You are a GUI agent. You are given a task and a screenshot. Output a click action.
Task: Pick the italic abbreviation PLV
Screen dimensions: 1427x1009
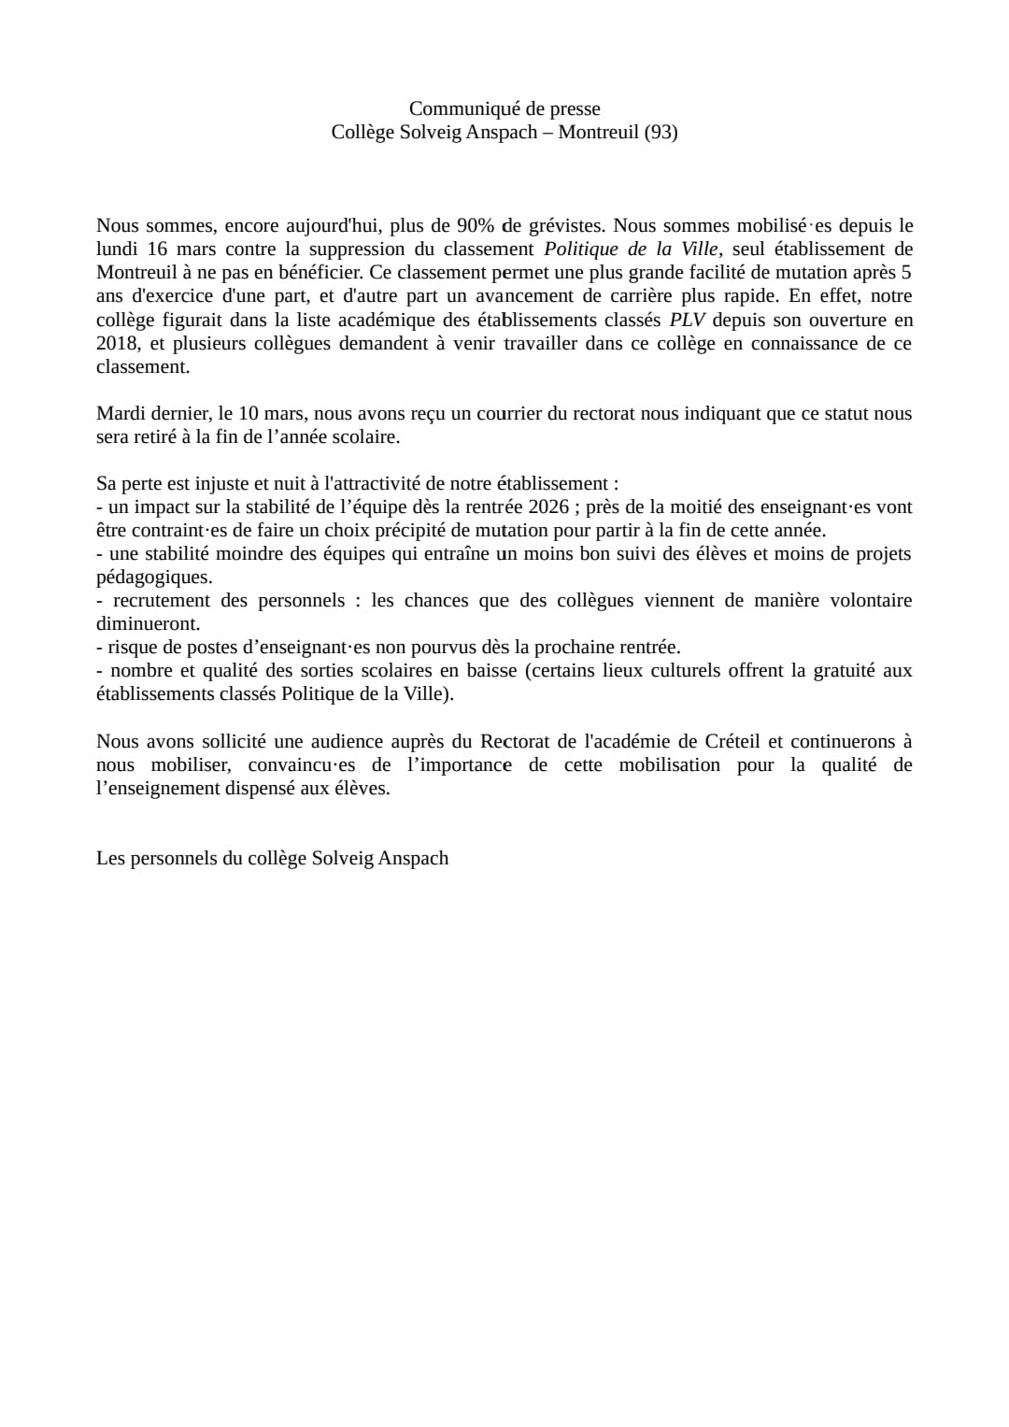click(687, 320)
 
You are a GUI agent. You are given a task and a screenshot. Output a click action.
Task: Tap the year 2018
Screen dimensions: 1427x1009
click(117, 343)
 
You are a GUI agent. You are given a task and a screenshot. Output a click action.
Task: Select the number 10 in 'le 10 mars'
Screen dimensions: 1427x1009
click(249, 413)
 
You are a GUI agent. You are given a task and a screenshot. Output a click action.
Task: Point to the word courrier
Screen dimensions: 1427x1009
click(510, 413)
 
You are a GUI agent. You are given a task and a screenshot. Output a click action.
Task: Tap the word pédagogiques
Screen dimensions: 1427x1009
click(153, 577)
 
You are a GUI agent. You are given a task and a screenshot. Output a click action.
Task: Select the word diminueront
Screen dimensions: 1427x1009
click(148, 623)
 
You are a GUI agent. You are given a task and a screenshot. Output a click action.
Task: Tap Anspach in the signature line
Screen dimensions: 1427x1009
click(414, 858)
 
